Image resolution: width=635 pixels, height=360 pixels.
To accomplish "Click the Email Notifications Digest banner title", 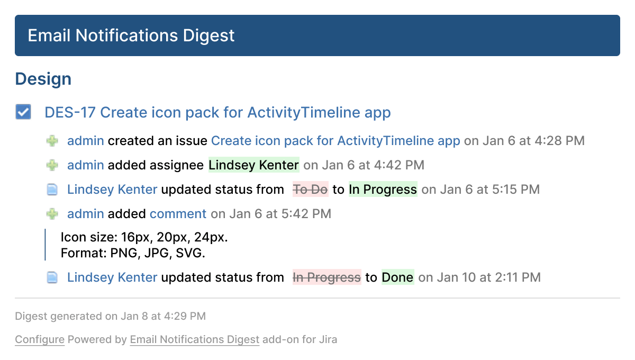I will click(x=131, y=35).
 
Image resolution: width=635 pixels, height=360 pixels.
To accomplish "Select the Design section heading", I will click(x=43, y=79).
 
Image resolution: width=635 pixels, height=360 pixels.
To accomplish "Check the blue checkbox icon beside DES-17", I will click(x=23, y=112).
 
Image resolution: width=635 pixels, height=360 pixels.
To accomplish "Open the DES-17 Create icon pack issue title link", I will click(x=217, y=112).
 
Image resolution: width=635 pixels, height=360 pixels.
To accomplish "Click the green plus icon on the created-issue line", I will click(x=52, y=141).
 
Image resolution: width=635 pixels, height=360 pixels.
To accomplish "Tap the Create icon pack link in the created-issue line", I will click(x=335, y=141).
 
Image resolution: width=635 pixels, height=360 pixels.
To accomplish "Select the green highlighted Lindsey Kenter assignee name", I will click(x=254, y=165).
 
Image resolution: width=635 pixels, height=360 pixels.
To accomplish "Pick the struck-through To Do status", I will click(x=311, y=190).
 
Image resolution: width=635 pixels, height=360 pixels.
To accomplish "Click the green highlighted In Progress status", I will click(x=383, y=190).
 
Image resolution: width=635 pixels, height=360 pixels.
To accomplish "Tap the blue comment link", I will click(x=178, y=214).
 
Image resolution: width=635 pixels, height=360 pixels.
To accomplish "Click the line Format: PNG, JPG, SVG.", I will click(x=133, y=253).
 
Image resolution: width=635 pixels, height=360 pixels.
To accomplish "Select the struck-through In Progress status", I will click(x=326, y=277).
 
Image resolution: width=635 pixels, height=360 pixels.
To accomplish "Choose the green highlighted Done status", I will click(x=397, y=277).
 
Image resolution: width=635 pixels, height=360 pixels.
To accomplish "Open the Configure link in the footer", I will click(x=40, y=340).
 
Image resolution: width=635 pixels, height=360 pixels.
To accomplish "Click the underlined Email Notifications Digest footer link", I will click(x=194, y=340).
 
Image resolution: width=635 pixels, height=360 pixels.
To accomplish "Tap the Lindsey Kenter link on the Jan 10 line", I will click(x=112, y=277).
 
